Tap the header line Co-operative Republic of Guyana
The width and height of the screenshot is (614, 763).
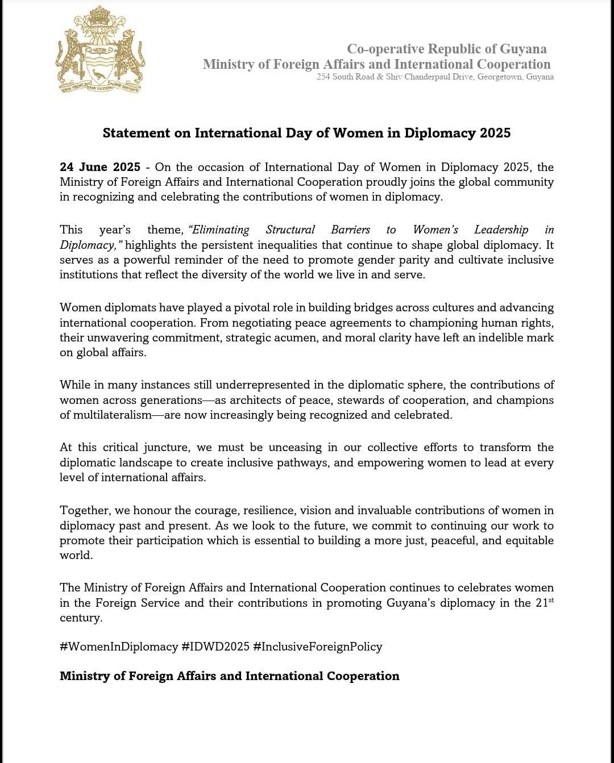click(447, 49)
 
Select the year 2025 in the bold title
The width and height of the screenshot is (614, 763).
click(495, 133)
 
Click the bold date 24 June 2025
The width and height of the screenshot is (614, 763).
click(100, 167)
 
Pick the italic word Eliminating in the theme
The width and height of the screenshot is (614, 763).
click(219, 230)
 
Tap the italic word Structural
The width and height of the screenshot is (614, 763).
click(290, 230)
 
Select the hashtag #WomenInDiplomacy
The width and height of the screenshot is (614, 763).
click(119, 647)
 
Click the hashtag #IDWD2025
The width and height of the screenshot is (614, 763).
click(215, 647)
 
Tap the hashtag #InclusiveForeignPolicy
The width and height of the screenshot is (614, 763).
click(318, 647)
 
